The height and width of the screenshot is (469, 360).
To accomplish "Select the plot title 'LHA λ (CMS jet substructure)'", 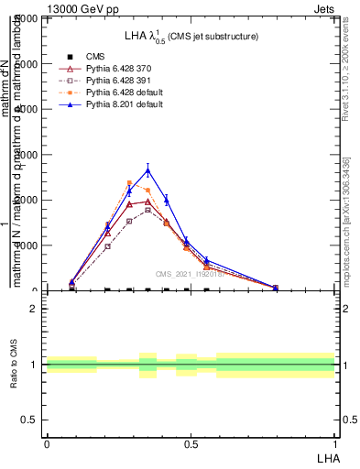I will click(x=191, y=36).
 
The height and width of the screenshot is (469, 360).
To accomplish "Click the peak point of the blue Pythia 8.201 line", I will click(x=147, y=169).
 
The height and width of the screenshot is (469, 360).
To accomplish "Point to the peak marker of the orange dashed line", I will click(x=129, y=183).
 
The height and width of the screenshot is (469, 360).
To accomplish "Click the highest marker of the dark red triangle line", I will click(x=147, y=202).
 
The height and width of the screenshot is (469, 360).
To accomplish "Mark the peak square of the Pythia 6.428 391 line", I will click(x=147, y=210).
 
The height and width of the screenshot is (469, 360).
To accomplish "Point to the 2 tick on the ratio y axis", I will click(x=34, y=309).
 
